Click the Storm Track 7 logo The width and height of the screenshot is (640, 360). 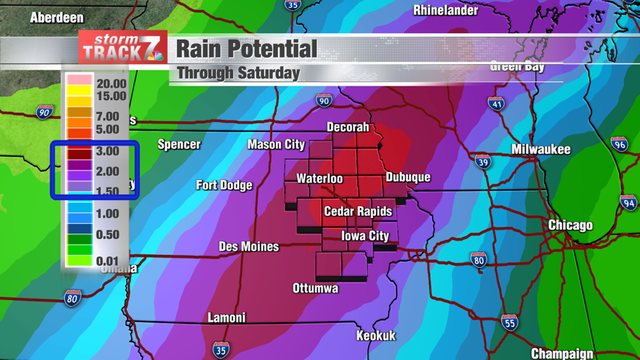tap(123, 48)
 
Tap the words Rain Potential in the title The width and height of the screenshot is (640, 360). tap(246, 49)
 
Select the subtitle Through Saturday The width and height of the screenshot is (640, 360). tap(238, 73)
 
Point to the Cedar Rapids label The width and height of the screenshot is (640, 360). tap(358, 211)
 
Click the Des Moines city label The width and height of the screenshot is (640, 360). tap(248, 247)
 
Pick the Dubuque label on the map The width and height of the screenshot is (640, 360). tap(407, 177)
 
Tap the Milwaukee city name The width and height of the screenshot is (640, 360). tap(541, 150)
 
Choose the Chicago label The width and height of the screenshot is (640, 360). tap(570, 225)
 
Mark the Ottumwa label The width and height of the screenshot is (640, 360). tap(315, 289)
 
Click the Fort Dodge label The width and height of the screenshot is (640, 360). tap(224, 185)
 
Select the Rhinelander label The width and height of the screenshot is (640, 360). tap(445, 10)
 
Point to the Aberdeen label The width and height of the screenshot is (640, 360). tap(56, 17)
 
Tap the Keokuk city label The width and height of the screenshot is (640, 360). tap(376, 336)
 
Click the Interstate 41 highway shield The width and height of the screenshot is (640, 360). tap(496, 104)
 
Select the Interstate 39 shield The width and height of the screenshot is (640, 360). tap(482, 161)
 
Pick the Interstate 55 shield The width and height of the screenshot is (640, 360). tap(509, 322)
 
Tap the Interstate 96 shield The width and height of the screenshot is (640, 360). tap(619, 143)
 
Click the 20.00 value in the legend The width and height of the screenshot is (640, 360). tap(111, 84)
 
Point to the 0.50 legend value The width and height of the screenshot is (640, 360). tap(107, 235)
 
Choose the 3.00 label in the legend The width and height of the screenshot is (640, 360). tap(107, 151)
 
